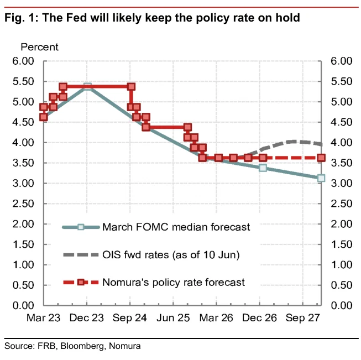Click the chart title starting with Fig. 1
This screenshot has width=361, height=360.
click(x=152, y=18)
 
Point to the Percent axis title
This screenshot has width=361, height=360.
click(x=39, y=47)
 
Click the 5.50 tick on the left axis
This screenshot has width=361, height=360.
click(x=23, y=81)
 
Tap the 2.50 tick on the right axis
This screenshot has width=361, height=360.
click(x=342, y=204)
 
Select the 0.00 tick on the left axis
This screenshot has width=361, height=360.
click(x=23, y=305)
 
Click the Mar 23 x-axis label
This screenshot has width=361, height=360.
click(x=43, y=318)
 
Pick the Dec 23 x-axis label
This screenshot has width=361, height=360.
click(x=87, y=318)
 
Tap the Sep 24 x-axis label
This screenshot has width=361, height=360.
click(x=129, y=318)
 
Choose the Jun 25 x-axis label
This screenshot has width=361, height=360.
click(x=173, y=318)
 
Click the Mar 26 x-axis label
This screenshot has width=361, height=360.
click(x=216, y=318)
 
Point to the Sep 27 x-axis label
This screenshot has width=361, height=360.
click(x=303, y=318)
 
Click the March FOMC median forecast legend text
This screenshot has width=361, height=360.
click(x=176, y=227)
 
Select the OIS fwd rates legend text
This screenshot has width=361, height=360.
click(x=171, y=255)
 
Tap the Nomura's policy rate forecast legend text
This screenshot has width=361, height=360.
click(x=174, y=283)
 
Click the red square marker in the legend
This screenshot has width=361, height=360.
click(x=81, y=282)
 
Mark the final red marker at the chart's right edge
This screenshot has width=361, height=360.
click(x=321, y=158)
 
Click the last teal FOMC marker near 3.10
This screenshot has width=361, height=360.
click(x=321, y=178)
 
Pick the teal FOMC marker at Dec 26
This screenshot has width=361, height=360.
click(x=263, y=168)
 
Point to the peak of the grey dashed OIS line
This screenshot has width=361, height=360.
click(x=293, y=142)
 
